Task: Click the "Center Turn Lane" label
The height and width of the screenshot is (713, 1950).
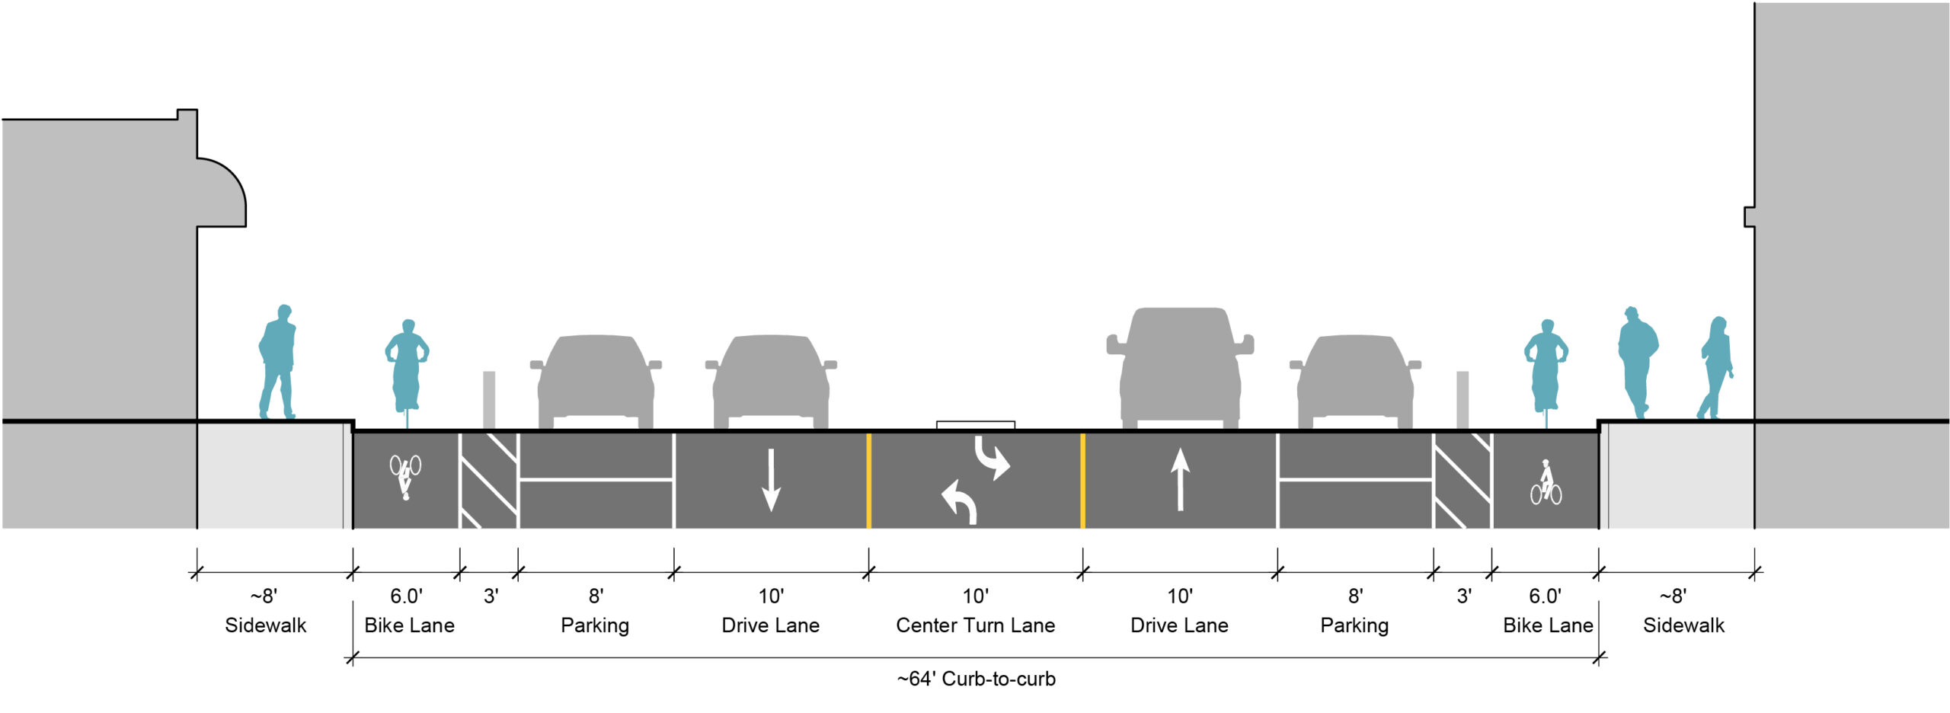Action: (975, 625)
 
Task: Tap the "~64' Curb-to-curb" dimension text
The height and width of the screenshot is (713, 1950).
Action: (976, 679)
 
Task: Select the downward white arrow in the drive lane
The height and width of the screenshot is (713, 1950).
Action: (771, 479)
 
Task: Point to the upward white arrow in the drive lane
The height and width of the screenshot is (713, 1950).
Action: (1180, 479)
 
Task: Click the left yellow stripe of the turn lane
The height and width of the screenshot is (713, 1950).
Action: (868, 480)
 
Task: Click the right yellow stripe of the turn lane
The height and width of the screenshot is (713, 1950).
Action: (1082, 480)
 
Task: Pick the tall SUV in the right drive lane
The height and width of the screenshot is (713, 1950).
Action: (1180, 366)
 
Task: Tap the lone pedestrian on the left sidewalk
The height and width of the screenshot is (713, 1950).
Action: (277, 362)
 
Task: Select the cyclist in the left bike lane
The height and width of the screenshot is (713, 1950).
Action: (407, 366)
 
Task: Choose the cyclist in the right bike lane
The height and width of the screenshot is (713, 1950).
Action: (1546, 366)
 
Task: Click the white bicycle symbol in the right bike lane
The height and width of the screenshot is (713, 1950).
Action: (1546, 483)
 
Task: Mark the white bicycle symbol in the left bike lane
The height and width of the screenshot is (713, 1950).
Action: (405, 475)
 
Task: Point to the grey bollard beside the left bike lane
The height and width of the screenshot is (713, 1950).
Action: (489, 399)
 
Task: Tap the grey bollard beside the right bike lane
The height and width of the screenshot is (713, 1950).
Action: (1462, 399)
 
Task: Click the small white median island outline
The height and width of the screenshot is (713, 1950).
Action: (975, 424)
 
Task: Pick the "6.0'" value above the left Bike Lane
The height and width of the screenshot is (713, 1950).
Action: (406, 596)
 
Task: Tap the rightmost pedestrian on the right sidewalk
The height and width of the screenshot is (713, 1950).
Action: (1717, 367)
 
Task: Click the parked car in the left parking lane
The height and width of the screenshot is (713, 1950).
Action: (596, 381)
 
